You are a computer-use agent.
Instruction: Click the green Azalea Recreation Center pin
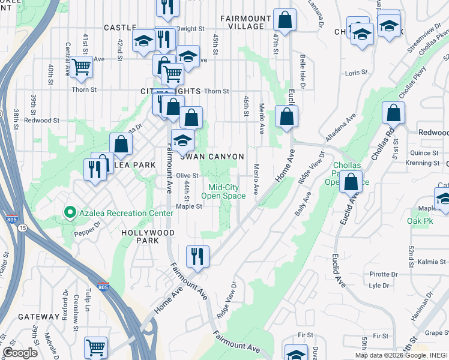pos(70,212)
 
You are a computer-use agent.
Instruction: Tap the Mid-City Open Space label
pos(223,191)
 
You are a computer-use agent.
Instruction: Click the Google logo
pos(20,353)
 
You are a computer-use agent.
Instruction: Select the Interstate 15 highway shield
pos(22,228)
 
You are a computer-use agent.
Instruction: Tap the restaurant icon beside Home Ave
pos(197,256)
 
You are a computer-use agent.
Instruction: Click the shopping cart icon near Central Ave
pos(80,67)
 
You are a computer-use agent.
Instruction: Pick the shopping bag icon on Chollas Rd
pos(393,113)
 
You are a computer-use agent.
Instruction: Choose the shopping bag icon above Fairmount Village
pos(285,20)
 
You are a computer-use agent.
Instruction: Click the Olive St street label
pos(187,175)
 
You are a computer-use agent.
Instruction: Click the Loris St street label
pos(355,73)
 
